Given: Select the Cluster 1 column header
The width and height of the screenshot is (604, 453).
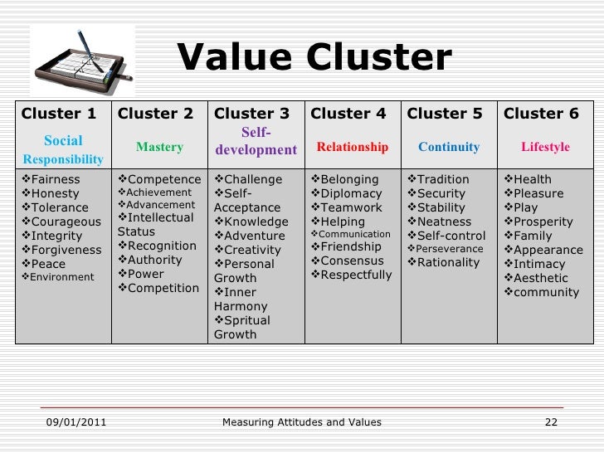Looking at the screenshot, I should coord(59,114).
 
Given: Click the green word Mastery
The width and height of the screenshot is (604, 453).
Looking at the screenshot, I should coord(159,147).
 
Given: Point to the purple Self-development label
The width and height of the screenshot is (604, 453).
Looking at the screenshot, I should coord(256,141).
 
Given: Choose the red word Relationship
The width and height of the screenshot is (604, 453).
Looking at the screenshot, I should coord(352,147).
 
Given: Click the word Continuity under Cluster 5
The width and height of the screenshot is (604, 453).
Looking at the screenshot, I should coord(449,147).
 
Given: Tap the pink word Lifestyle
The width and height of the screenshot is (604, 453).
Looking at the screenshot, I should coord(545,147).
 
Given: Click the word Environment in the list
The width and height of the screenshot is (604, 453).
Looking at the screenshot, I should coord(61,277).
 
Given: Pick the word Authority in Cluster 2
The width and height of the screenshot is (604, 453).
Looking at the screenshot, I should coord(155,260).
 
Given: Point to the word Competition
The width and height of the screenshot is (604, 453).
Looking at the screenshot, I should coord(163,288).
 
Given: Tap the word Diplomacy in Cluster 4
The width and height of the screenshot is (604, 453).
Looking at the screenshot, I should coord(349,193).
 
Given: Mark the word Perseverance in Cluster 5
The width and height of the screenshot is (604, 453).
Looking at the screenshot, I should coord(451,249).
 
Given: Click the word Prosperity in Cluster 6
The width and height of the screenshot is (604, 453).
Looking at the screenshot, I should coord(543,222).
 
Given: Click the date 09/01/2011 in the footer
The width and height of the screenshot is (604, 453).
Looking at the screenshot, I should coord(74,422).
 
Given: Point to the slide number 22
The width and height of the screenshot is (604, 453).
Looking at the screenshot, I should coord(550,422).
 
